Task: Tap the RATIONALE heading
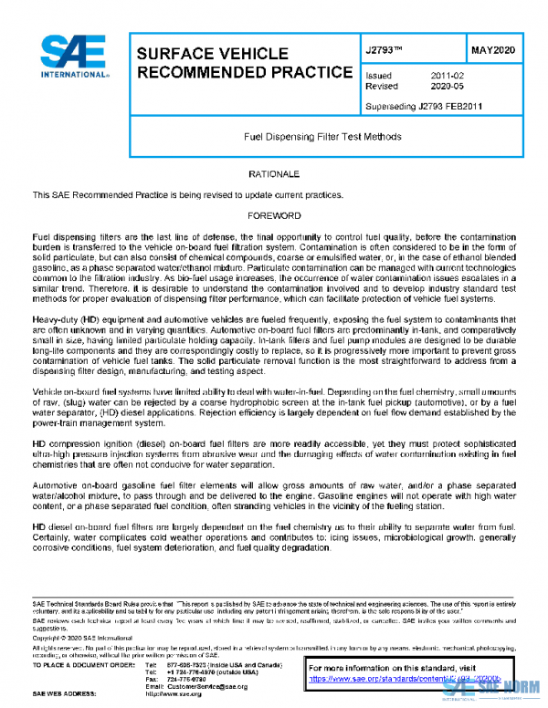[x=275, y=173]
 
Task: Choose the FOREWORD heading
[x=275, y=216]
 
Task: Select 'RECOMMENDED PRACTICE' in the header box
[x=244, y=71]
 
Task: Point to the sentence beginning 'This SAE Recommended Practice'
[x=187, y=194]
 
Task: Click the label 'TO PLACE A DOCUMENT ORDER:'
[x=80, y=665]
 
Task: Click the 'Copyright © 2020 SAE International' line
[x=81, y=639]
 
